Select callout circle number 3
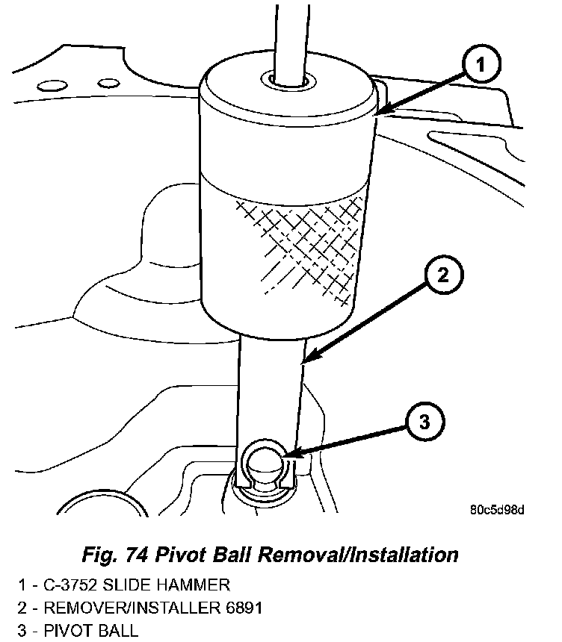(424, 423)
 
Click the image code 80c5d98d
(497, 511)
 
